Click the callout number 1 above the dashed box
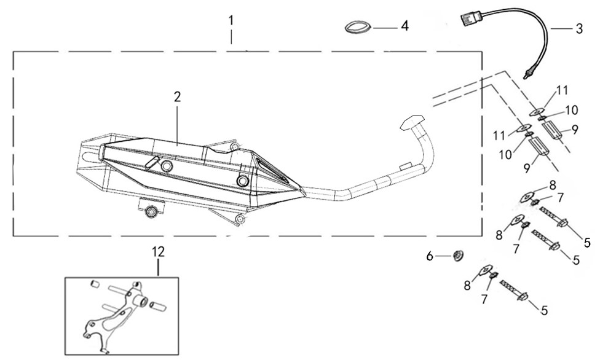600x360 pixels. coord(231,20)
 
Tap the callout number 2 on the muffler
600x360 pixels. coord(177,96)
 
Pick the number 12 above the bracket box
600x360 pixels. coord(159,251)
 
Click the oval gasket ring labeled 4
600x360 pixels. coord(357,28)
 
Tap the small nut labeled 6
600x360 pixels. coord(457,254)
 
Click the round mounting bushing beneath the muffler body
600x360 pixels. coord(151,213)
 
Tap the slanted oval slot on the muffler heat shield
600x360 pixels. coord(151,162)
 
